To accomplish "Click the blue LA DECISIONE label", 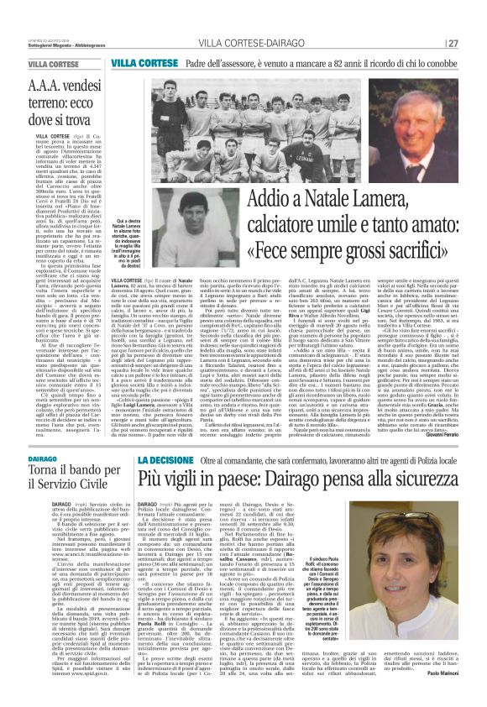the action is click(167, 460).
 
